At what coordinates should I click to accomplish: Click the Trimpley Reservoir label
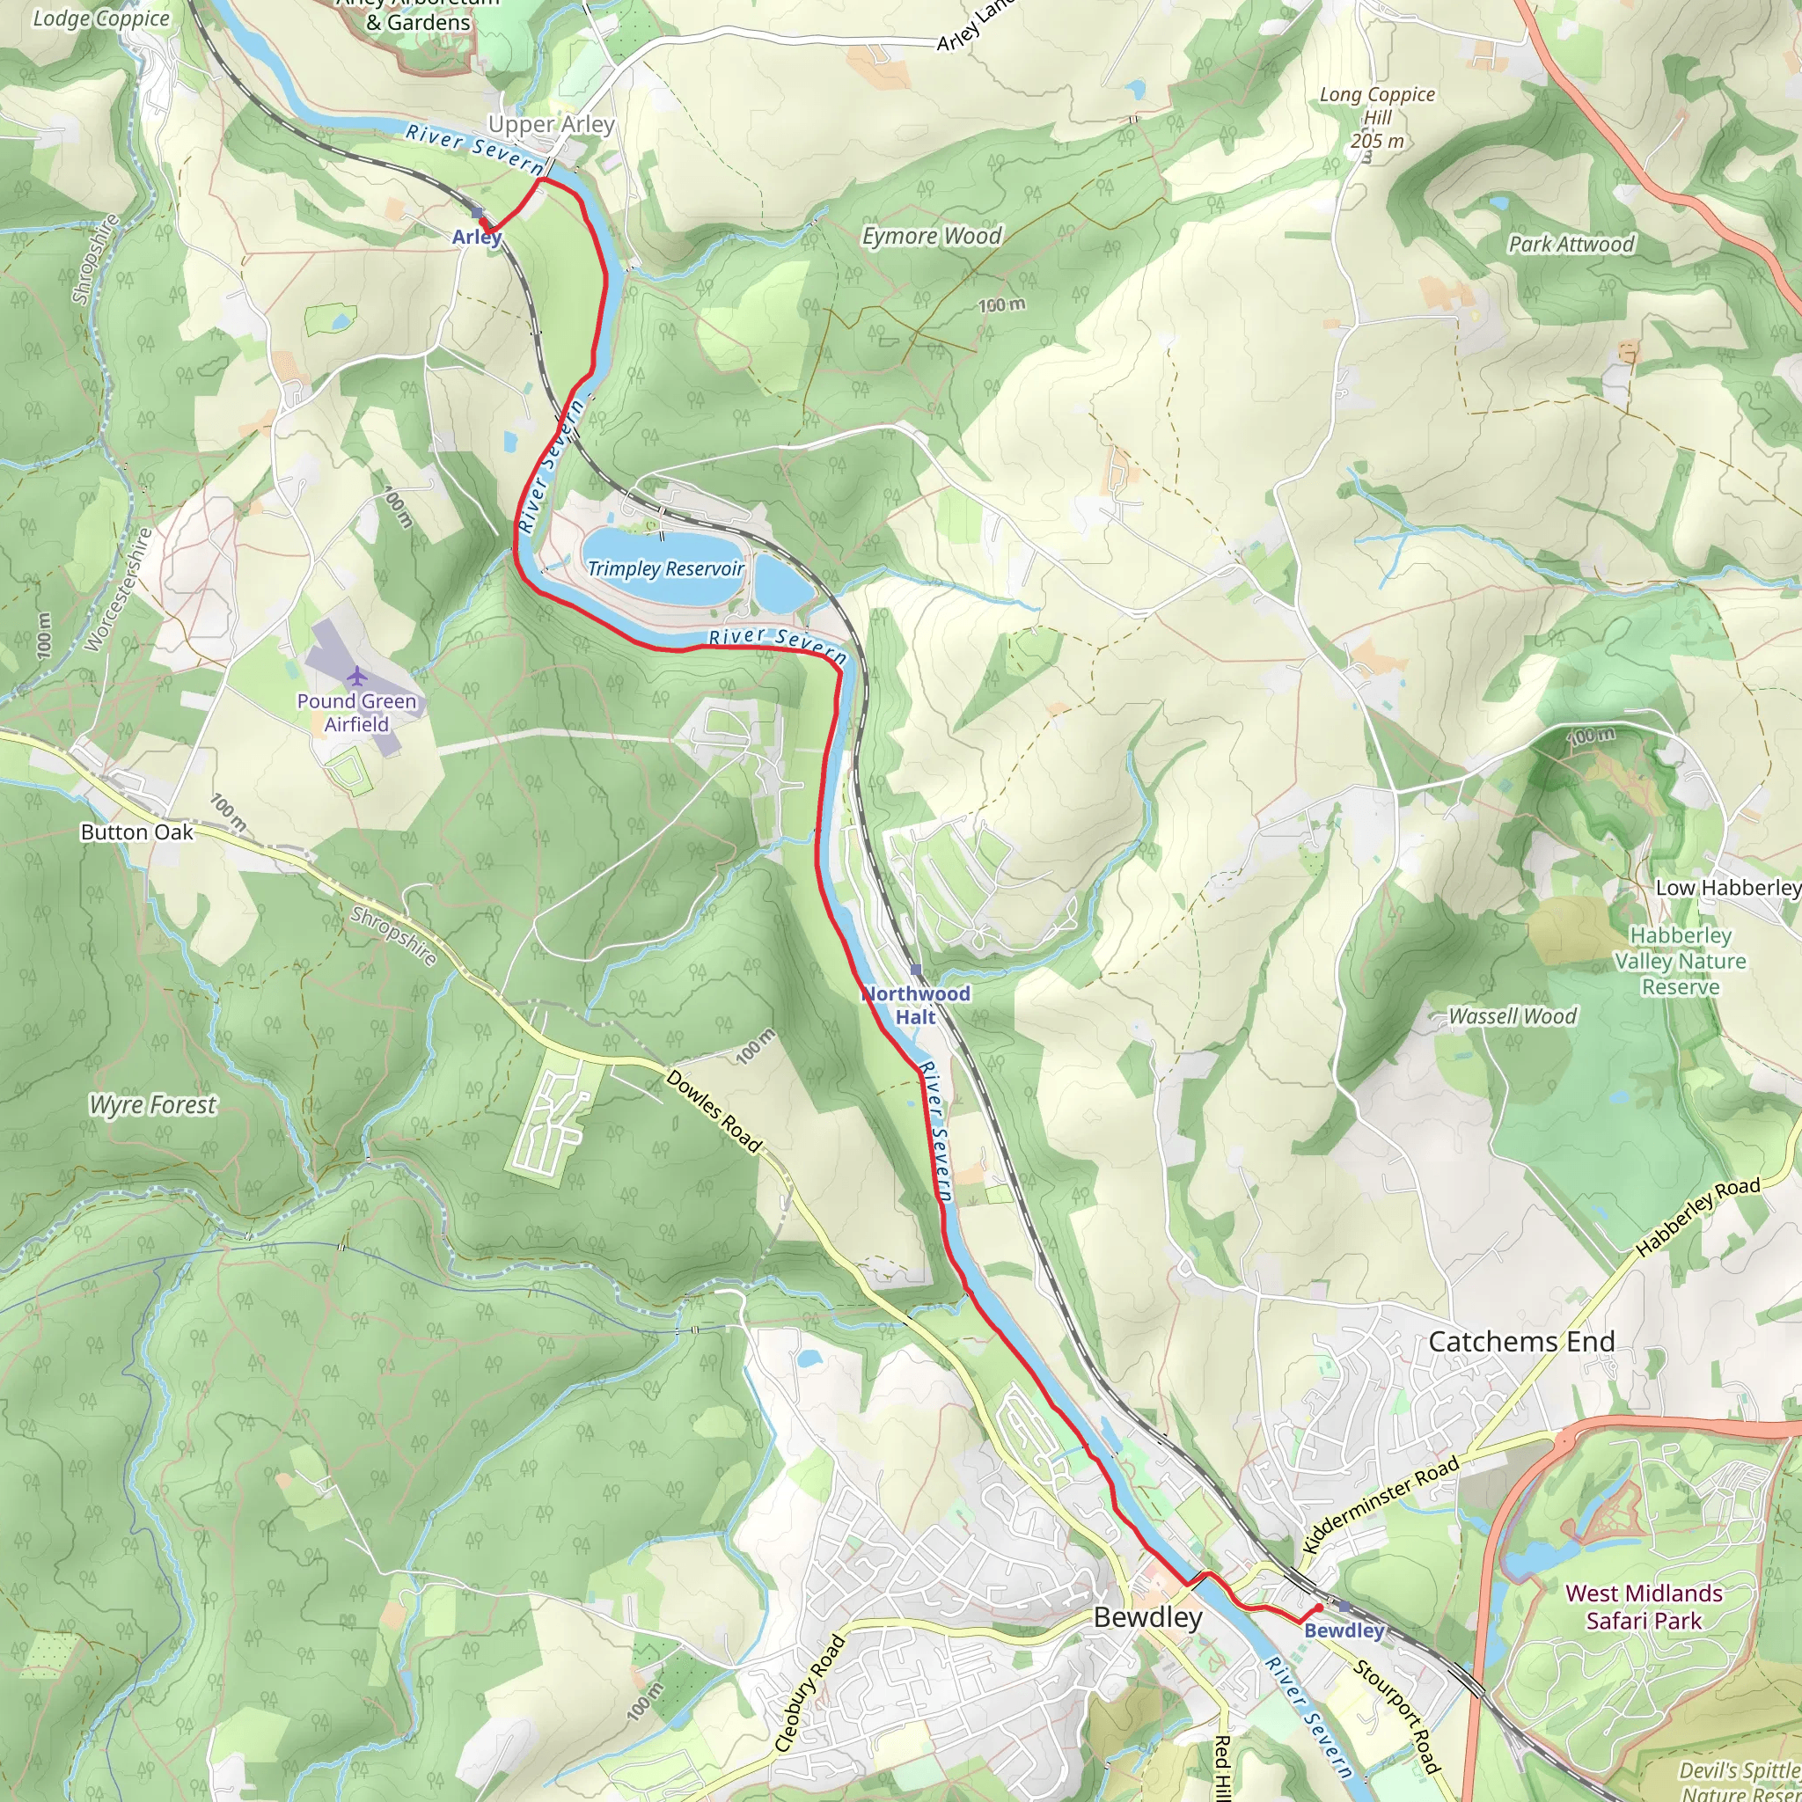click(x=665, y=568)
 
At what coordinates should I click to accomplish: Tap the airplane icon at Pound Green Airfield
click(x=356, y=674)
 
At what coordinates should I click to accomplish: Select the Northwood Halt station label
click(x=915, y=1005)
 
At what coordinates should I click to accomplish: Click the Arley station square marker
click(x=478, y=213)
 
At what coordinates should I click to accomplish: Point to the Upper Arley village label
click(x=551, y=124)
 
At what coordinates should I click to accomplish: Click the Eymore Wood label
click(x=931, y=236)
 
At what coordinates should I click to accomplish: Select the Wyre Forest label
click(x=153, y=1104)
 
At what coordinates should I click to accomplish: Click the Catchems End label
click(x=1521, y=1341)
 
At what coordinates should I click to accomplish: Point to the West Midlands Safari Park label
click(x=1644, y=1606)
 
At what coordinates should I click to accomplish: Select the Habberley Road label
click(x=1697, y=1216)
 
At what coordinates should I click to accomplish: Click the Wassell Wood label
click(x=1512, y=1015)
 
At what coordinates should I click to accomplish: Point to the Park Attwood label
click(x=1571, y=244)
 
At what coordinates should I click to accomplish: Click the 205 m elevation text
click(x=1377, y=141)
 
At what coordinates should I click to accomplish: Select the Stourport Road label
click(x=1396, y=1715)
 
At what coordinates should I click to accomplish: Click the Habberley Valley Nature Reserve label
click(x=1680, y=961)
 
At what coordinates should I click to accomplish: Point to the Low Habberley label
click(x=1727, y=887)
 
